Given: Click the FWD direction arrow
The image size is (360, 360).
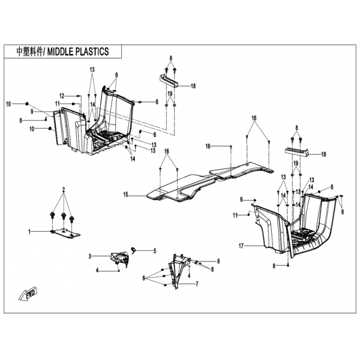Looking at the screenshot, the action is [x=28, y=293].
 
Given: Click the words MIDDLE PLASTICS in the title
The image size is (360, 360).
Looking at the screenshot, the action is [x=78, y=52].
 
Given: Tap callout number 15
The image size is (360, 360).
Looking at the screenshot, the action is [x=126, y=195].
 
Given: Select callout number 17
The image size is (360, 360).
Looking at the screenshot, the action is [x=241, y=246].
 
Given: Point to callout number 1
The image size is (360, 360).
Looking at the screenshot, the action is [x=29, y=232].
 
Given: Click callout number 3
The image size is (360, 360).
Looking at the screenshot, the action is [x=90, y=256].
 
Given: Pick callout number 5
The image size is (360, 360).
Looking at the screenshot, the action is [x=155, y=251].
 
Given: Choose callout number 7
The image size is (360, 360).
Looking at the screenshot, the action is [x=197, y=284].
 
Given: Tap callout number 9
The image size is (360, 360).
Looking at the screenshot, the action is [x=32, y=112].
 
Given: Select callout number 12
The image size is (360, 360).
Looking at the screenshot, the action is [x=62, y=96].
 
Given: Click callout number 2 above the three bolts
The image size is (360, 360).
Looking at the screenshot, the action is [x=63, y=190].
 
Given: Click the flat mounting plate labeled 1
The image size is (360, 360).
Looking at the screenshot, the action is [x=66, y=234].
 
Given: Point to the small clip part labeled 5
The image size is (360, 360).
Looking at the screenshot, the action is [x=133, y=250].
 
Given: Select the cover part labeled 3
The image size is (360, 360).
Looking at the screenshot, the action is [x=120, y=260].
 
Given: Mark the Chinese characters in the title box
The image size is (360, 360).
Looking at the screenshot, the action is [x=30, y=52].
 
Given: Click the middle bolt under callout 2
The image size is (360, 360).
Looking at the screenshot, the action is [x=63, y=216].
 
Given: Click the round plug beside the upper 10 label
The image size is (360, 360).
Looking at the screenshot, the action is [x=27, y=104].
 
